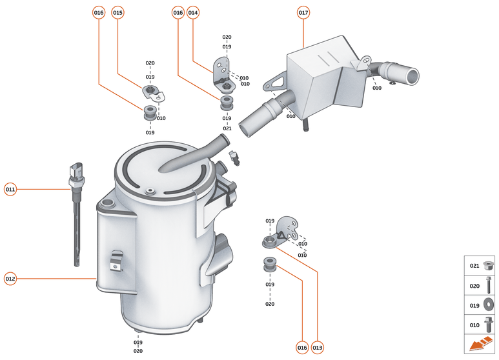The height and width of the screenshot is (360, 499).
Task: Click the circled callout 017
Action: (303, 13)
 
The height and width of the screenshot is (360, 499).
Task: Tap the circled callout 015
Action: (117, 13)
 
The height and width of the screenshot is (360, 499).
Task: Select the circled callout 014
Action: (193, 13)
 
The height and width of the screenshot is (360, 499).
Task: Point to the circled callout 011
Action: (10, 190)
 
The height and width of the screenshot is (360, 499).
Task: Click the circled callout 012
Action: (10, 279)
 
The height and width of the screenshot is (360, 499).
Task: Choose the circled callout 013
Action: (318, 348)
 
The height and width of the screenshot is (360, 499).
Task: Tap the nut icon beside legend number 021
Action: (487, 265)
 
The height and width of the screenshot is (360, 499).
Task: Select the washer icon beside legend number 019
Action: (488, 305)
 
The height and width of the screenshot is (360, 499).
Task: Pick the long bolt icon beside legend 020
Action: (489, 285)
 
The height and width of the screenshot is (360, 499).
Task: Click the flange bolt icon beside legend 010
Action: (489, 325)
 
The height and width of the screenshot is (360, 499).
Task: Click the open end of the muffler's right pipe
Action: (413, 76)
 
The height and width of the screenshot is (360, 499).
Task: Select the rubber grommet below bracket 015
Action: (150, 113)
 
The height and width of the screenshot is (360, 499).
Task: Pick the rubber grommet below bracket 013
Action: (270, 264)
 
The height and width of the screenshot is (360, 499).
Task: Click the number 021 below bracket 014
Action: (227, 128)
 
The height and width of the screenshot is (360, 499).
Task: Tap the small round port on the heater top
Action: (149, 191)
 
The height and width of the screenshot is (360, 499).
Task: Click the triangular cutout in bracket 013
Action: (281, 235)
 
